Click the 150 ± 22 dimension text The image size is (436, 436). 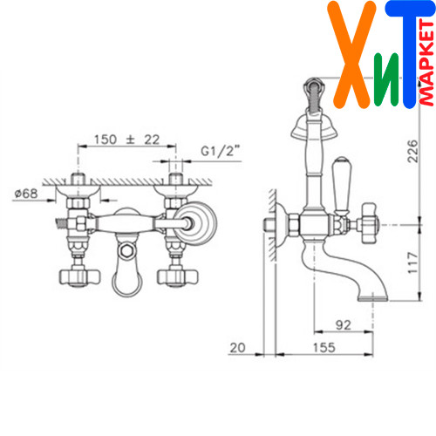(x=126, y=140)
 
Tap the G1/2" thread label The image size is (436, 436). (x=221, y=151)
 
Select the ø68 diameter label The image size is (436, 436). (x=26, y=194)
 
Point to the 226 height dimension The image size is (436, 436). (x=412, y=151)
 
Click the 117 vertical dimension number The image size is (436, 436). (x=412, y=263)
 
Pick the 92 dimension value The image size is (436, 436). (x=344, y=324)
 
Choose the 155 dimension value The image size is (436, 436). (x=324, y=347)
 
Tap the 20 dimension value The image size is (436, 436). (x=237, y=348)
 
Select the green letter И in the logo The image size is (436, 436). (x=386, y=78)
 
